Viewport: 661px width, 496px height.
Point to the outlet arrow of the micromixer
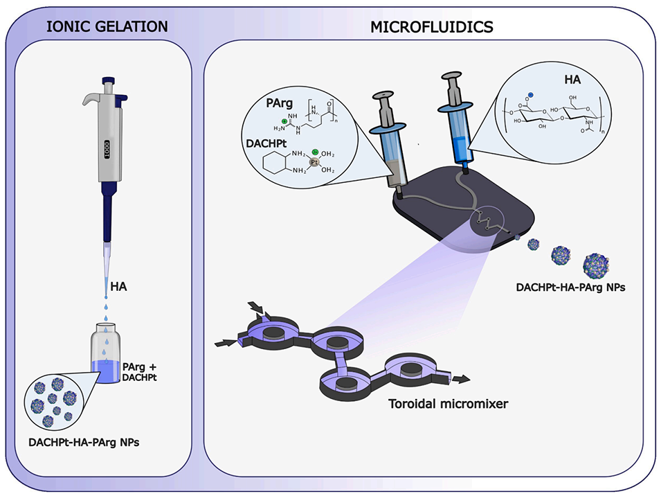(x=462, y=379)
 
